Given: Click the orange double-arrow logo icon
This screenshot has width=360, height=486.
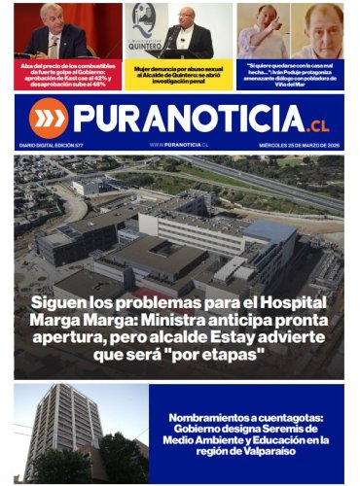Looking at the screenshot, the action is click(48, 118).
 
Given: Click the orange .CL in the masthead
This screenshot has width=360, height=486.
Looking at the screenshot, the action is click(319, 123).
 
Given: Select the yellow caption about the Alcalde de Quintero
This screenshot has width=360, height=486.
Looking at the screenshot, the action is click(179, 75).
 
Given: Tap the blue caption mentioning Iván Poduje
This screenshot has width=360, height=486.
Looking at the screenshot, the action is click(290, 75).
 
